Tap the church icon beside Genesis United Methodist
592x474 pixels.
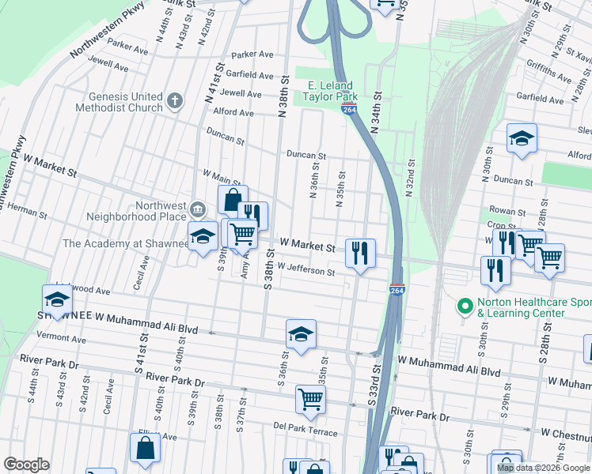click(x=175, y=101)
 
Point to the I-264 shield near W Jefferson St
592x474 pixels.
click(x=397, y=291)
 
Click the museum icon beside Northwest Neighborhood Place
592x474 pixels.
click(x=197, y=209)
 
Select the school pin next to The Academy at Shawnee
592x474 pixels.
click(x=203, y=237)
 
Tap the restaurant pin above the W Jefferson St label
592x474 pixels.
click(x=360, y=254)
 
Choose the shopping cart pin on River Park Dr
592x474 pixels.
click(x=310, y=399)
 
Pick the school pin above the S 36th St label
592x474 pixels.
click(x=301, y=335)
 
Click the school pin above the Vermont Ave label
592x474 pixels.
click(x=57, y=300)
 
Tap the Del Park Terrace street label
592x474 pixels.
click(x=305, y=425)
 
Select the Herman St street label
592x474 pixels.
click(x=29, y=213)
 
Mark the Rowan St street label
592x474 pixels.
click(x=508, y=212)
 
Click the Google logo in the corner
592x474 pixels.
click(x=26, y=465)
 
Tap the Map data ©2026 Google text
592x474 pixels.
click(x=542, y=468)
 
